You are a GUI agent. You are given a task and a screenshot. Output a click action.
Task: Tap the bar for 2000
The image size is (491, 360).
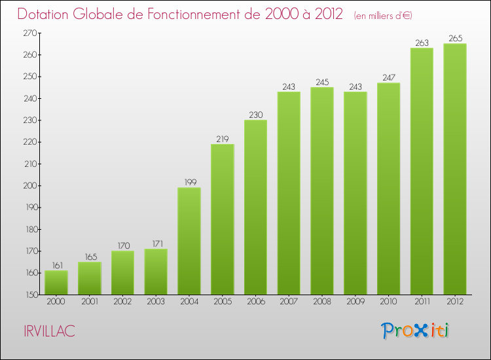[56, 282]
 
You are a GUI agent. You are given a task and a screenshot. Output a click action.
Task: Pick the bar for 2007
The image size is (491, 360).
[289, 193]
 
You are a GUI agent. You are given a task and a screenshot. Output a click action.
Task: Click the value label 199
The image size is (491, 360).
[189, 183]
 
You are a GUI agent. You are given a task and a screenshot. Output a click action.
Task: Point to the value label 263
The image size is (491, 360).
[422, 43]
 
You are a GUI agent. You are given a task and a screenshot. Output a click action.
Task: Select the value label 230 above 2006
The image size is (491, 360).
[255, 115]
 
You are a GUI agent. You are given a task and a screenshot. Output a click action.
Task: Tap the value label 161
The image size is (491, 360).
[56, 266]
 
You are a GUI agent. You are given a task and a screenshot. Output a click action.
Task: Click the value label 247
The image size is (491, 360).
[388, 78]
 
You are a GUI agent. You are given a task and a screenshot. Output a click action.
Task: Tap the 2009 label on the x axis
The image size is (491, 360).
[355, 302]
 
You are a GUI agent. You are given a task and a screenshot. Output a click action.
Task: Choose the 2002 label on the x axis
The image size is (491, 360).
[122, 302]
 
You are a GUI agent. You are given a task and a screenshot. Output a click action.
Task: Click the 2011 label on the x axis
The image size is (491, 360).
[422, 302]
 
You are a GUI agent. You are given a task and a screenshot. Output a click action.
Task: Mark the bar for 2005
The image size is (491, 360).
[222, 219]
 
